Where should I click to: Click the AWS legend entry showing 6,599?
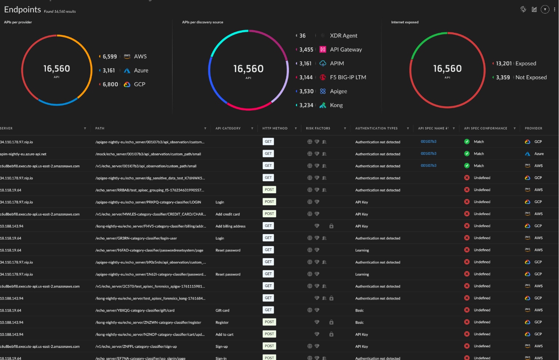(x=124, y=56)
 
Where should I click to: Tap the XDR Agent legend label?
(x=343, y=36)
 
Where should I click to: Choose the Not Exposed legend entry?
(x=520, y=77)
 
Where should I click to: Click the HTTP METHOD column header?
(x=275, y=128)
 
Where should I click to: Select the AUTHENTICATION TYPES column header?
(x=376, y=128)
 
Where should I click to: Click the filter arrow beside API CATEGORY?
(x=252, y=128)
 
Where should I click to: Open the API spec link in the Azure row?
(x=428, y=154)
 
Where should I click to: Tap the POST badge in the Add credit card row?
(x=269, y=214)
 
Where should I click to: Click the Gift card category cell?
(x=222, y=310)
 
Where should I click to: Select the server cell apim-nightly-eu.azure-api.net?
(x=23, y=154)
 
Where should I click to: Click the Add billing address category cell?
(x=230, y=226)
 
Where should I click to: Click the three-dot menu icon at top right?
(x=555, y=9)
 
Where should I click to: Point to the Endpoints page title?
(x=23, y=9)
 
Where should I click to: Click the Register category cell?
(x=222, y=323)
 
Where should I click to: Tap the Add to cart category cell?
(x=225, y=335)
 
